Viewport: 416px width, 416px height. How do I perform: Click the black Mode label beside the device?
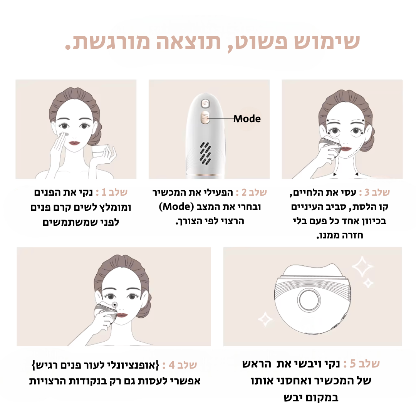pos(247,119)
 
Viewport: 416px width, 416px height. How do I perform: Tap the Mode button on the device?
pos(205,117)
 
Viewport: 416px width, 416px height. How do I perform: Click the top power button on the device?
pos(205,104)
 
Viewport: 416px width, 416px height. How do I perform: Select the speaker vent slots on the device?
pos(205,153)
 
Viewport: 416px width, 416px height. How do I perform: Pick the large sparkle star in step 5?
pos(362,267)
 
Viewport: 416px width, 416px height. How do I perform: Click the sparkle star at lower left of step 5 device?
pos(265,319)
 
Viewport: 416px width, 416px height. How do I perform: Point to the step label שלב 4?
pos(183,365)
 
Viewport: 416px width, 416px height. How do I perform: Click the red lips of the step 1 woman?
pos(75,143)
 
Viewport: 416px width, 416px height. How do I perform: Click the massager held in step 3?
pos(330,147)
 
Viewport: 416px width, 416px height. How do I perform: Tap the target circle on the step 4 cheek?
pos(115,305)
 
